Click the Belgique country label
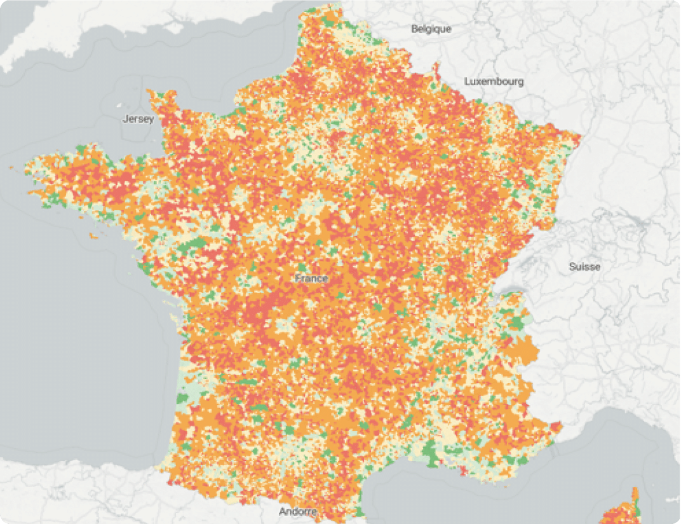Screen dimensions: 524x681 [x=431, y=29]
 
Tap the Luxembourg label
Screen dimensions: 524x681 [x=494, y=81]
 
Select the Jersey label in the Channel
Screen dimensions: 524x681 [x=138, y=119]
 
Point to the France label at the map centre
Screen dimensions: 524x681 [x=311, y=279]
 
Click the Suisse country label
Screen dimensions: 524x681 [x=584, y=266]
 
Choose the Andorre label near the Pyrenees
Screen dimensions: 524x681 [x=297, y=511]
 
